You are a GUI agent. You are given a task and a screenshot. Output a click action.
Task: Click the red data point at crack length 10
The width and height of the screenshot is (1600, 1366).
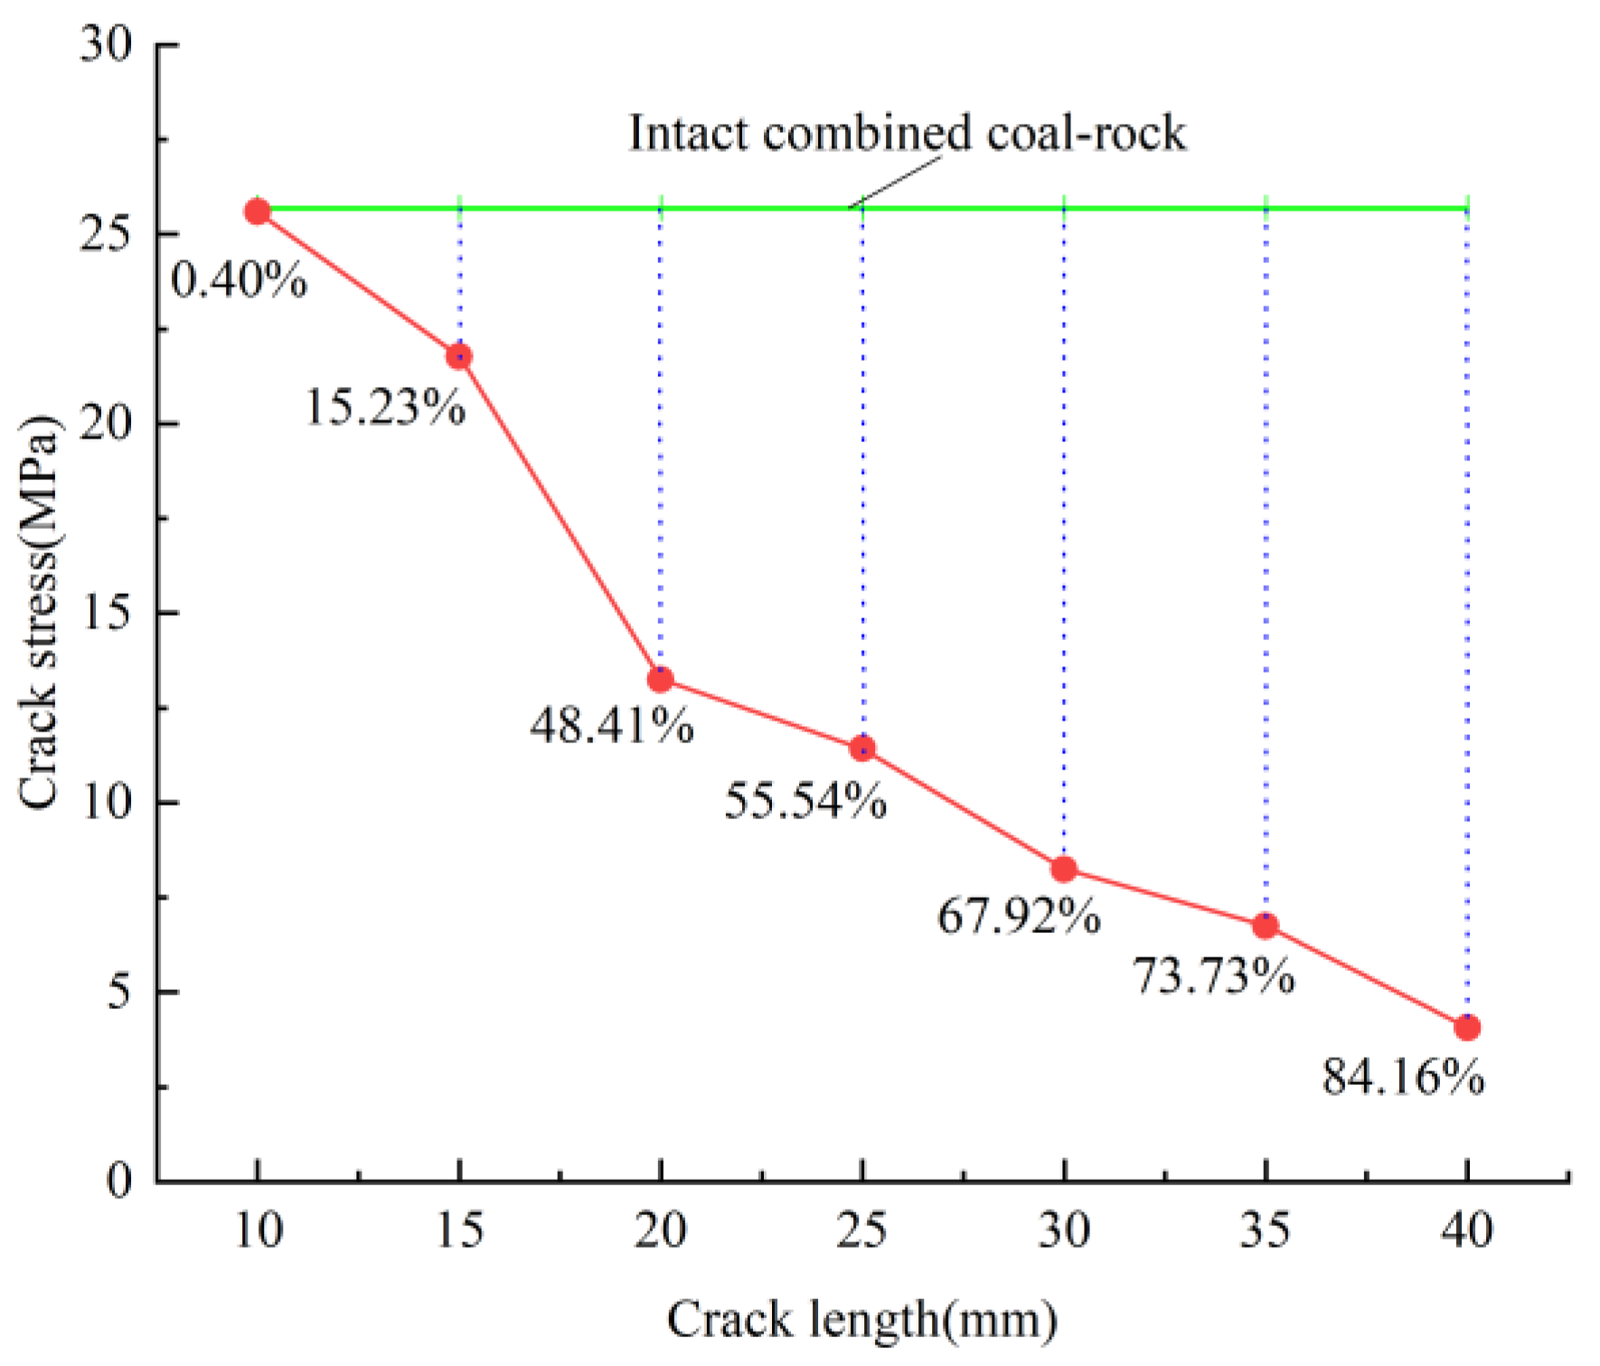(258, 212)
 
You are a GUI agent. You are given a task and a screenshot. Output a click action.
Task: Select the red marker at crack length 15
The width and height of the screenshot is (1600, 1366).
(459, 356)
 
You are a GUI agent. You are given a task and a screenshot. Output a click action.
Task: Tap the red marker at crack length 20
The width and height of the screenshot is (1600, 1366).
(661, 679)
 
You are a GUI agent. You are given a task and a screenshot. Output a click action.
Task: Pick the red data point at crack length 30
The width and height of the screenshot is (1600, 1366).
(1064, 869)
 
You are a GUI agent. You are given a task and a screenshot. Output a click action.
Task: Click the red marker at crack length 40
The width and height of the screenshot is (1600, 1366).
(1467, 1027)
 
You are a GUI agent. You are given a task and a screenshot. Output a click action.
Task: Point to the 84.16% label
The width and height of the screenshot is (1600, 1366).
(1403, 1078)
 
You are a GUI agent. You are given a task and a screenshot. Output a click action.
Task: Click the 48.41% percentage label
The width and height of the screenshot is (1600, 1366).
(612, 725)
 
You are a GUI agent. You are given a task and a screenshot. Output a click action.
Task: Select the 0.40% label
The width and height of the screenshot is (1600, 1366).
(240, 280)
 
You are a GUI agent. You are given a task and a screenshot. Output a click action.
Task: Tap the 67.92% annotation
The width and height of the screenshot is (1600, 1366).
(1019, 917)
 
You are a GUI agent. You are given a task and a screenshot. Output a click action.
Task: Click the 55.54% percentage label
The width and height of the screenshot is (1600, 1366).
(805, 801)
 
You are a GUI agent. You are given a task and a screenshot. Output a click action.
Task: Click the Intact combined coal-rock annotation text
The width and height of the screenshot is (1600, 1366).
(907, 134)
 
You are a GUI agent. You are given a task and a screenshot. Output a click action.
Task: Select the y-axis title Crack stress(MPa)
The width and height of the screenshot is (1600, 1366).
(38, 613)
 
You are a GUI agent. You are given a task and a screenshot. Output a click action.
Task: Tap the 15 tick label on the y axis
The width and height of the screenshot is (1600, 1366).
(106, 612)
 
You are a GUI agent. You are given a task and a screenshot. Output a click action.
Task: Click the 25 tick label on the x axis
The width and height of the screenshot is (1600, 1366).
(861, 1231)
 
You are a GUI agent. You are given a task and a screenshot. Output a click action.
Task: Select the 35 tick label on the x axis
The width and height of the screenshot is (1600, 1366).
(1265, 1231)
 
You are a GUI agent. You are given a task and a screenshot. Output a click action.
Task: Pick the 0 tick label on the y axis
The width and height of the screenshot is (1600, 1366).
(119, 1180)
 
